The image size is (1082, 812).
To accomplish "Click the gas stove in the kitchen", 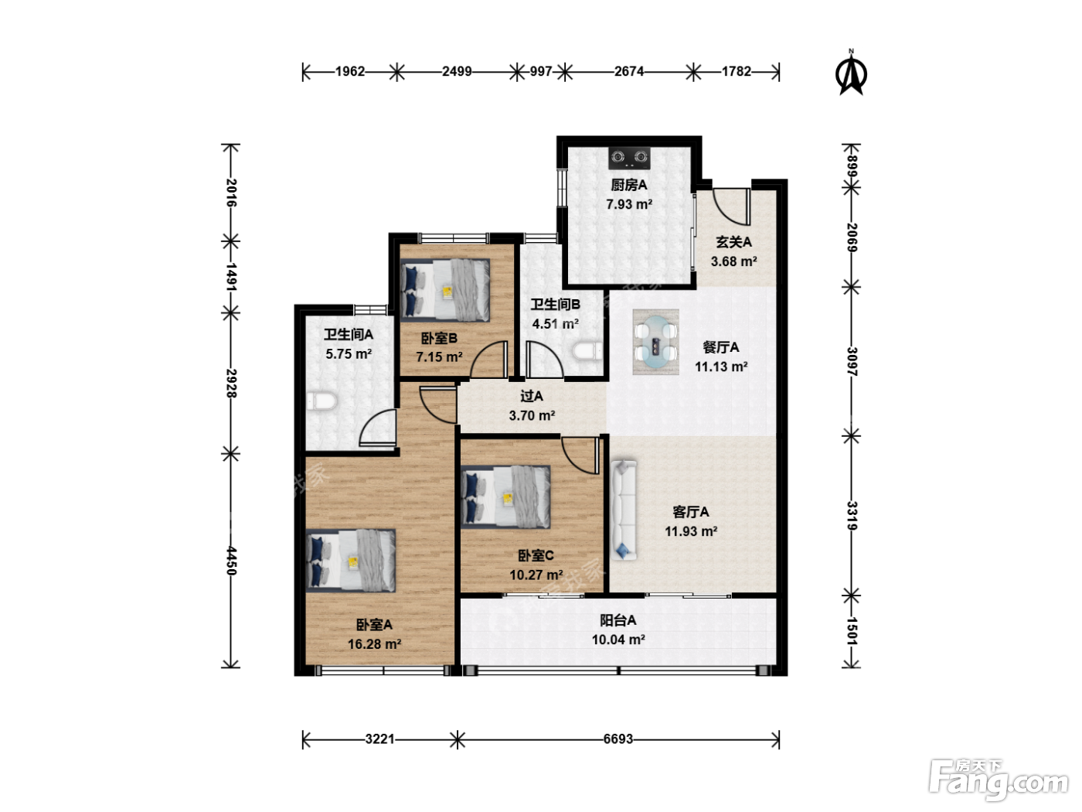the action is point(628,158).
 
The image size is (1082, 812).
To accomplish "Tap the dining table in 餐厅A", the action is point(655,341).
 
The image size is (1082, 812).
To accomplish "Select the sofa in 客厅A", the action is point(624,510).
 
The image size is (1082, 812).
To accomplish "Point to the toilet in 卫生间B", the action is point(587,351).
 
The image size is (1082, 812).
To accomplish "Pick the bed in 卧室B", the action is point(445,291).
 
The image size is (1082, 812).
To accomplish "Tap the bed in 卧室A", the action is point(350,560).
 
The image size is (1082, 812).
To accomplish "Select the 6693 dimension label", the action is point(618,739).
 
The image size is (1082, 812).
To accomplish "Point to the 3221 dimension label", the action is point(379,739).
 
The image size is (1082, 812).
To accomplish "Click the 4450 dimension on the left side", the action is point(230,561).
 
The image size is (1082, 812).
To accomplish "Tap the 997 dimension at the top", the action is point(541,71).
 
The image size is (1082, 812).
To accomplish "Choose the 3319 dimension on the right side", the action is point(852,516).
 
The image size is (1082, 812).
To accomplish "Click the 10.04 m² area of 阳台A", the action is point(618,640).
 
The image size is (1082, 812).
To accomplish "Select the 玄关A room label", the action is point(733,242).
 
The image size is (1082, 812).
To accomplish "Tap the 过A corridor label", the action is point(532,396).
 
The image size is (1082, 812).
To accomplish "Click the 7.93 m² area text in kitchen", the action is point(629,204).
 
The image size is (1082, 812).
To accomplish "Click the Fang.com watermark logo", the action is point(999,780).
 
